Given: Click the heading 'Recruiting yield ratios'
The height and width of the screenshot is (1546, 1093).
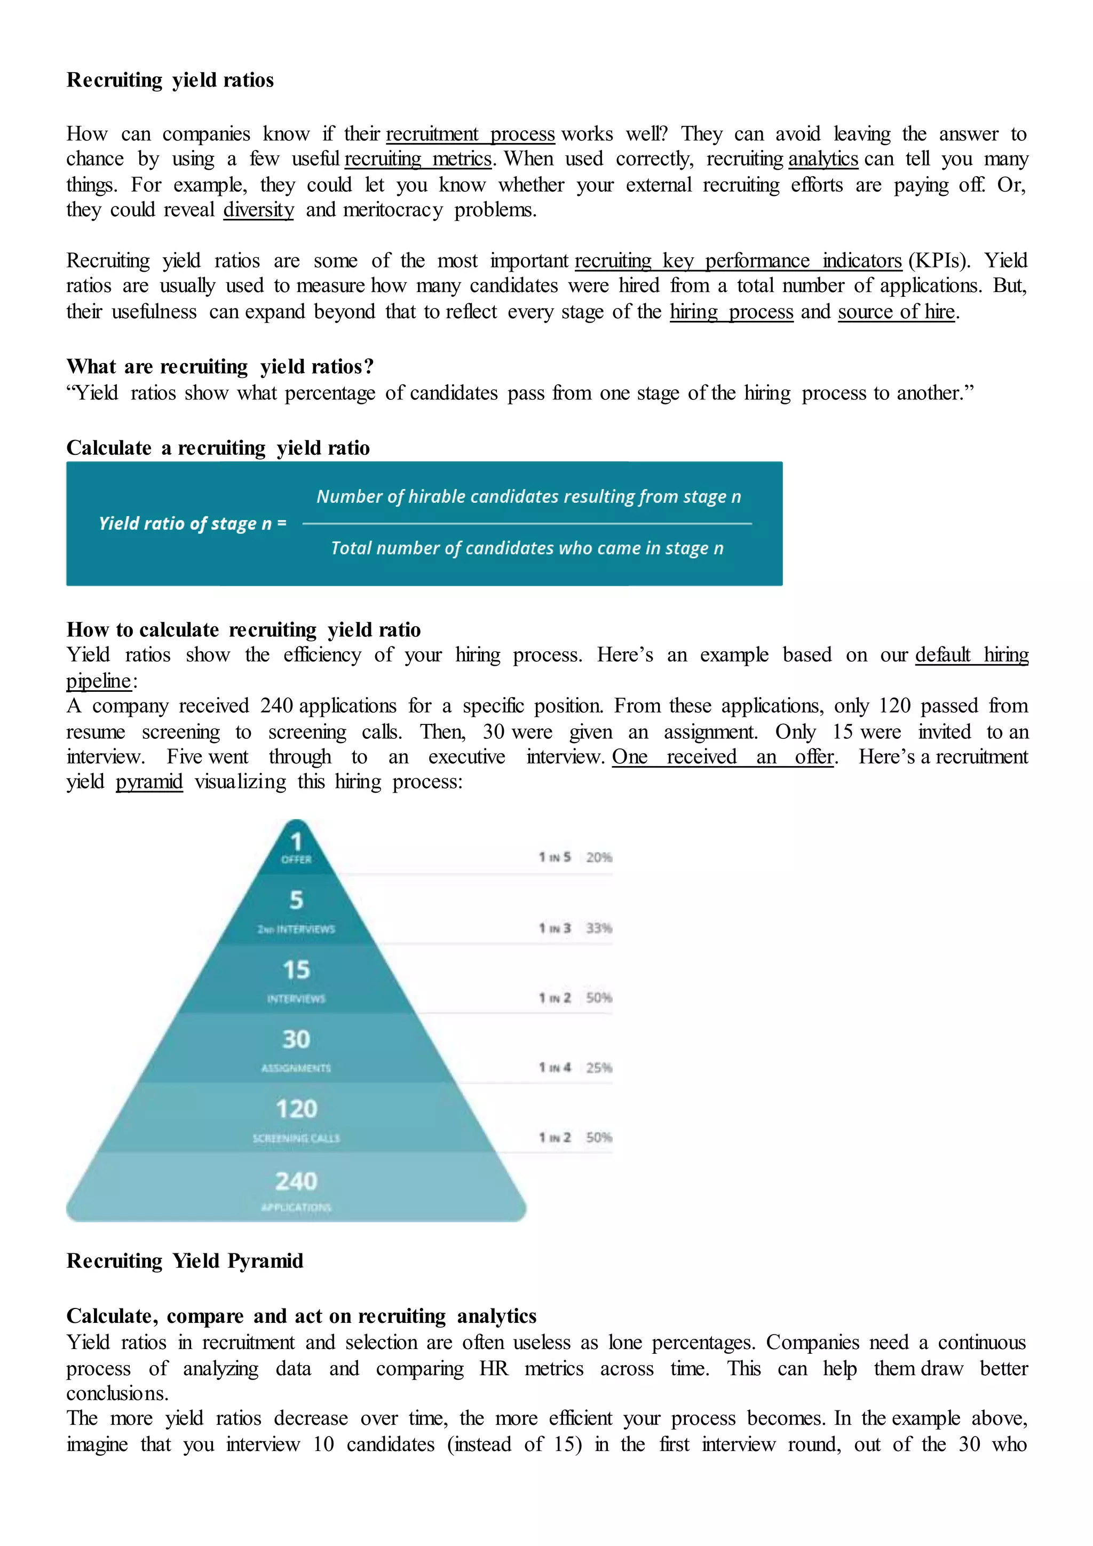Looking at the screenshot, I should coord(170,80).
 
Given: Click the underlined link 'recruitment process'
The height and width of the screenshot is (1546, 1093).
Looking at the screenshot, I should coord(470,134).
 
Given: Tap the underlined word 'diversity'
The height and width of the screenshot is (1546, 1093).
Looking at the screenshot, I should coord(258,210).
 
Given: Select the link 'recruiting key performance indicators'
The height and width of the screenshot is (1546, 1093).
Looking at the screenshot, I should coord(738,261).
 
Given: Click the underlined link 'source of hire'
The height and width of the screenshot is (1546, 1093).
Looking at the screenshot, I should coord(896,312).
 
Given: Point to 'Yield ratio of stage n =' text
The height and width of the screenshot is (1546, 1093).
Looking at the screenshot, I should coord(193,523).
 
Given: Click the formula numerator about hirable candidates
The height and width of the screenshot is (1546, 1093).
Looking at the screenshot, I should coord(528,497).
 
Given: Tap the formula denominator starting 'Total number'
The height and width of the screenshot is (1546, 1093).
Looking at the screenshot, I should coord(527,548).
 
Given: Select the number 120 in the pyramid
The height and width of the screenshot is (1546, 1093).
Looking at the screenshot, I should coord(296,1109).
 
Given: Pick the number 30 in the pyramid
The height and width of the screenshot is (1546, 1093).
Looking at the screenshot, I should coord(296,1039).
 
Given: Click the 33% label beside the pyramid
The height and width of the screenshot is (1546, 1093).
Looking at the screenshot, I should coord(598,928).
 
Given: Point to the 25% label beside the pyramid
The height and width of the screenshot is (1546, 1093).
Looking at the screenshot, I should coord(598,1067).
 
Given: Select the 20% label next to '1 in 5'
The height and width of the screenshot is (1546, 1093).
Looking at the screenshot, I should coord(598,857).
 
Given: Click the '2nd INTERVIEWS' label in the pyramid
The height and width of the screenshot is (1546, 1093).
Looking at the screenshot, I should coord(296,929).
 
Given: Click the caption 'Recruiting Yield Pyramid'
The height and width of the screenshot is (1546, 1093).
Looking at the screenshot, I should coord(185,1260).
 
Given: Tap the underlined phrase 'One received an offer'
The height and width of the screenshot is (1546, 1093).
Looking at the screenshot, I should coord(723,757).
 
